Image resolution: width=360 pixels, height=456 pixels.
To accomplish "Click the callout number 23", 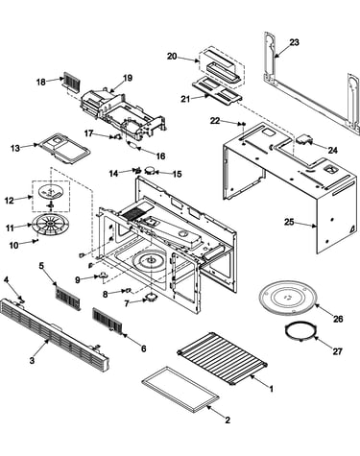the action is point(294,42).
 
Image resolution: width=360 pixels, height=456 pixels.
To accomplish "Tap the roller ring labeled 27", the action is point(300,332).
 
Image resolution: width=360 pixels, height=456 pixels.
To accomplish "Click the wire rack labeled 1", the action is point(223,359).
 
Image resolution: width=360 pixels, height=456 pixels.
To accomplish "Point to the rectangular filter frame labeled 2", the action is point(180,388).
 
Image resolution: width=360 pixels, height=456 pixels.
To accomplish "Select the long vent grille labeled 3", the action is point(55,335).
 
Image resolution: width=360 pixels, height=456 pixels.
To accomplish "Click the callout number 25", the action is point(289,222).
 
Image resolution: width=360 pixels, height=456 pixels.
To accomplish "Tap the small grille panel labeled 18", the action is point(72,82).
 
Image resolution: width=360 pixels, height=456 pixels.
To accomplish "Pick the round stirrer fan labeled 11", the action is point(51,224).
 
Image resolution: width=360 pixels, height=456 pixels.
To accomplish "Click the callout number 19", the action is point(128,78).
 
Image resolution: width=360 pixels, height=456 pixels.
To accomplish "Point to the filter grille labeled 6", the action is point(108,321).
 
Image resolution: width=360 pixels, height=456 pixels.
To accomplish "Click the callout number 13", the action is point(15,148).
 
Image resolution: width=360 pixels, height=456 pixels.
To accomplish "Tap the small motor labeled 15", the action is point(150,170).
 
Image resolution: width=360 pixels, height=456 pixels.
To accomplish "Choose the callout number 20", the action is point(172,57).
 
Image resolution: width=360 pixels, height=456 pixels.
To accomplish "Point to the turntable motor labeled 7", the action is point(151,298).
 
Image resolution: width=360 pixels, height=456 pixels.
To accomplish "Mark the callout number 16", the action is point(160,156).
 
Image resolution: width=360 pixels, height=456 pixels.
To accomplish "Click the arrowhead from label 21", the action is point(209,95).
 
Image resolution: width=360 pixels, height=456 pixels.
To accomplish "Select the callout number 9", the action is point(78,279).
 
